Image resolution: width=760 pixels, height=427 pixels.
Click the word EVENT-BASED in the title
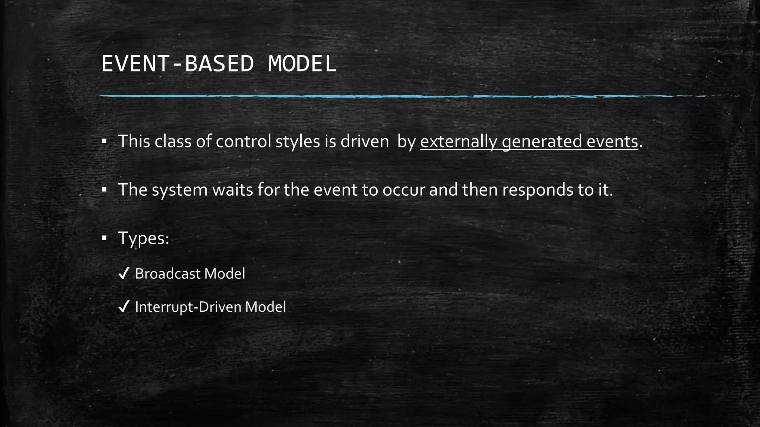coord(177,64)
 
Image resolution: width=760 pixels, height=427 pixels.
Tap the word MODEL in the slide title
coord(302,64)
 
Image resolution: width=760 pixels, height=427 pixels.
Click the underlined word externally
coord(459,142)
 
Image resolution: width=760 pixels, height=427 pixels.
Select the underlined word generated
coord(542,142)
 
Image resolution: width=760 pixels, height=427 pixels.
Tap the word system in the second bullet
coord(180,190)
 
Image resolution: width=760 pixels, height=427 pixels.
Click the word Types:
coord(144,238)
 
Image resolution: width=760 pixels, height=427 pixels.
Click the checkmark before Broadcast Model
coord(124,274)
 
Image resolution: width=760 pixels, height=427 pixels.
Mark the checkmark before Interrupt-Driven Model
coord(124,307)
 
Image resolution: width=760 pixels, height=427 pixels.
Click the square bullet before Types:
coord(104,238)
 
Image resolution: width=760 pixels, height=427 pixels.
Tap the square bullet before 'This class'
coord(104,141)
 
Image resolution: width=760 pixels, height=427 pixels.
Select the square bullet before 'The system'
coord(104,190)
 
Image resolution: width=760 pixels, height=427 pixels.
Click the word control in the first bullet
coord(243,142)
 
